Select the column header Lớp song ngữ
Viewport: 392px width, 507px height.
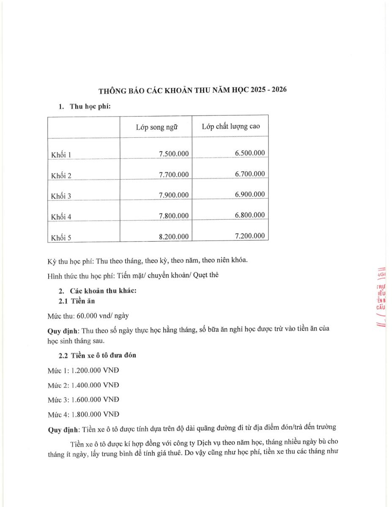156,127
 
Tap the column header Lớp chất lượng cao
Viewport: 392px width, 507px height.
230,126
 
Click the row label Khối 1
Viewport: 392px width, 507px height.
61,155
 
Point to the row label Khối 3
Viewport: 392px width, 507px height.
61,196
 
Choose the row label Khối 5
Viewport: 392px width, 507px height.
61,237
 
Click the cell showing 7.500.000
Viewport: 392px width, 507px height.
173,154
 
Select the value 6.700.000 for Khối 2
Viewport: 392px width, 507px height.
249,174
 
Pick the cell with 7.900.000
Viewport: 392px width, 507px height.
173,195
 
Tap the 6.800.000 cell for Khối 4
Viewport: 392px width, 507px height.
249,215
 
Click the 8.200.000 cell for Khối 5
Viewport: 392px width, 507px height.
173,237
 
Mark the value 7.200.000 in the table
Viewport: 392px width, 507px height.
249,236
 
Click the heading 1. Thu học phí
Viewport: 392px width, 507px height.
85,106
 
